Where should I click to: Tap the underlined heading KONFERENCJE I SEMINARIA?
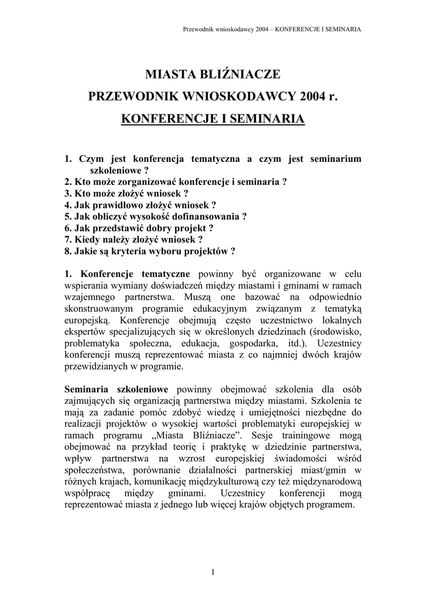[x=212, y=119]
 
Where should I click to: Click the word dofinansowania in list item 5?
[x=211, y=216]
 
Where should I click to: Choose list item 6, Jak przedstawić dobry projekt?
[x=139, y=227]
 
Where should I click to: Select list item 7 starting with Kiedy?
[x=134, y=239]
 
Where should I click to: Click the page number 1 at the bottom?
[x=213, y=572]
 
